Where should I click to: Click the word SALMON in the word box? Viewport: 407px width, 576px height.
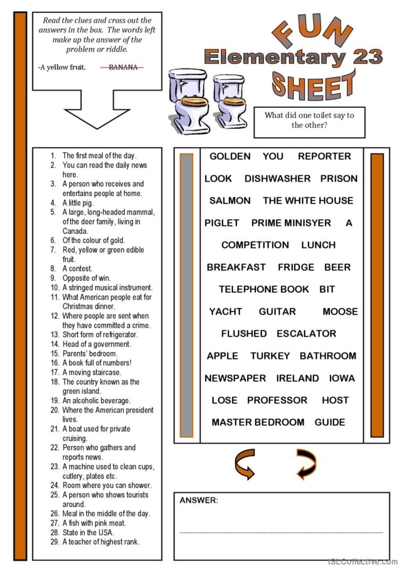[x=230, y=201]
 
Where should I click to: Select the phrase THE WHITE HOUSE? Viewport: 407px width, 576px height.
[x=308, y=201]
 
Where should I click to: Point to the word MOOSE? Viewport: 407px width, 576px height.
[x=340, y=311]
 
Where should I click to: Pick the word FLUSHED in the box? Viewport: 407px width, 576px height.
[x=244, y=334]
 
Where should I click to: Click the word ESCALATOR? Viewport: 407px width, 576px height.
[x=306, y=334]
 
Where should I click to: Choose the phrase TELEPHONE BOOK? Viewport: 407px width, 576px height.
[x=264, y=290]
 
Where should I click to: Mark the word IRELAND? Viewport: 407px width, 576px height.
[x=298, y=378]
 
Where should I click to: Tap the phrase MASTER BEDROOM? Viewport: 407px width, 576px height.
[x=258, y=422]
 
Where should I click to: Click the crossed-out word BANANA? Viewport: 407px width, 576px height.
[x=123, y=67]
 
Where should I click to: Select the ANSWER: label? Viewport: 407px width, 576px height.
[x=199, y=501]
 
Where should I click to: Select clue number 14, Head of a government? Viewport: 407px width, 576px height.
[x=96, y=344]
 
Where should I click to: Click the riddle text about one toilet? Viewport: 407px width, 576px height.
[x=309, y=120]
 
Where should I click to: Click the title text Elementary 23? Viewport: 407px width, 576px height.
[x=293, y=57]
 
